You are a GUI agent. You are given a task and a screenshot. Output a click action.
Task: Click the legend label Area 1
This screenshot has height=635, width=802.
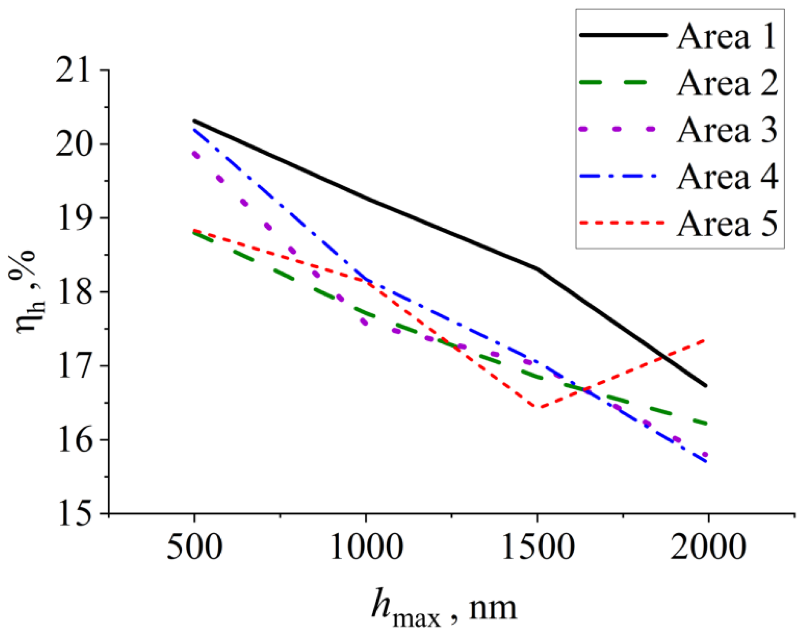point(726,36)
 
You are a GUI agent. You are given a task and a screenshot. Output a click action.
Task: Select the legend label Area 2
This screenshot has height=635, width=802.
point(727,83)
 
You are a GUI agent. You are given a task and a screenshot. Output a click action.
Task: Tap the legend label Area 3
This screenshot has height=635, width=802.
point(727,131)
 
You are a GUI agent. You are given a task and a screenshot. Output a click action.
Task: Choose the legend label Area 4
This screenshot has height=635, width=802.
point(727,177)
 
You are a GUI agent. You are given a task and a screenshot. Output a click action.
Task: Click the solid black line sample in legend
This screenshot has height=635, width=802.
point(623,35)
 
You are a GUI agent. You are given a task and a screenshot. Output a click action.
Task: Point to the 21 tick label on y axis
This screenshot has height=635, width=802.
point(74,70)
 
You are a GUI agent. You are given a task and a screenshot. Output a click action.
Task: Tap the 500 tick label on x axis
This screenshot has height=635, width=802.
point(195,547)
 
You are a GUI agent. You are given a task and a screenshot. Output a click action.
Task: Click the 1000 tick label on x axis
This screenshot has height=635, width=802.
point(366,547)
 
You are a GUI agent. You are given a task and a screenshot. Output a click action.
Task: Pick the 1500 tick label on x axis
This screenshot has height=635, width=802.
point(537,547)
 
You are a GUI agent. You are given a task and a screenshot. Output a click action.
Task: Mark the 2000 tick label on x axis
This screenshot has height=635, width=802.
point(708,547)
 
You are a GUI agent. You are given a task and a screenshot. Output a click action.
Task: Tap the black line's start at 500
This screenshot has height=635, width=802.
point(195,121)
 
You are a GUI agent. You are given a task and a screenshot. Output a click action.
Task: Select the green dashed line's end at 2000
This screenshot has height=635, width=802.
point(706,424)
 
